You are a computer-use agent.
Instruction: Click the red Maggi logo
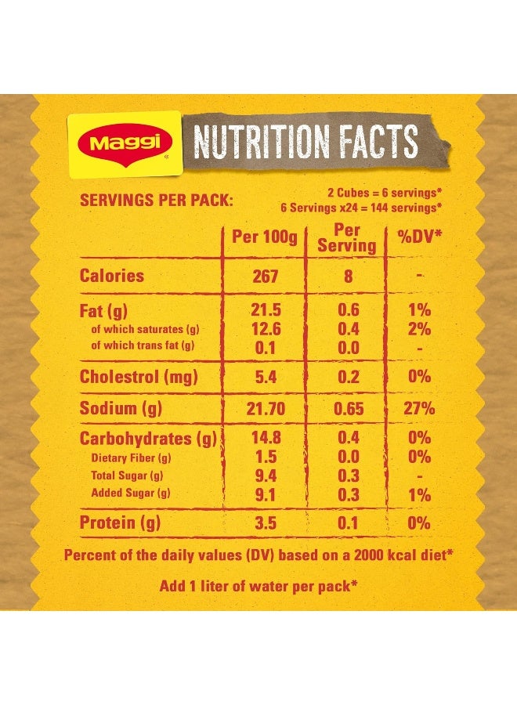pos(125,143)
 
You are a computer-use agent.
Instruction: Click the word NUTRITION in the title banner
pos(261,141)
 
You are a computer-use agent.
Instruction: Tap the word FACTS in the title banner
pos(378,141)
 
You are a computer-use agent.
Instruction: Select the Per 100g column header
pos(264,237)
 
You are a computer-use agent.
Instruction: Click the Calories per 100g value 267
pos(266,276)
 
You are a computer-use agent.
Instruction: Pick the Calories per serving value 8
pos(348,276)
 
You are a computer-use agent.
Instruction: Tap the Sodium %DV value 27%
pos(419,408)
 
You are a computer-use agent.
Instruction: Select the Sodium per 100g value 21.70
pos(266,408)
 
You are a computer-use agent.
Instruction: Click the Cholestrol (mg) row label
pos(139,378)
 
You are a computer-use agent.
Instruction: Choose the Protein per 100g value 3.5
pos(266,523)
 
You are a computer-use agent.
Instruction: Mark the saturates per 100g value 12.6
pos(266,329)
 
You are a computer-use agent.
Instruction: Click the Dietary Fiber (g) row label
pos(131,458)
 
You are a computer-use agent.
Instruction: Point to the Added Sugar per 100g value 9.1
pos(266,494)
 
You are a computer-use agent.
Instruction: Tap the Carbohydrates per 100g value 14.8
pos(266,437)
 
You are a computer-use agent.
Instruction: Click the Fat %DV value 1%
pos(419,309)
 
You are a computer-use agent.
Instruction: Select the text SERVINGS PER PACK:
pos(157,200)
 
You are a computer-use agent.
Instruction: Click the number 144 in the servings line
pos(379,208)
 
